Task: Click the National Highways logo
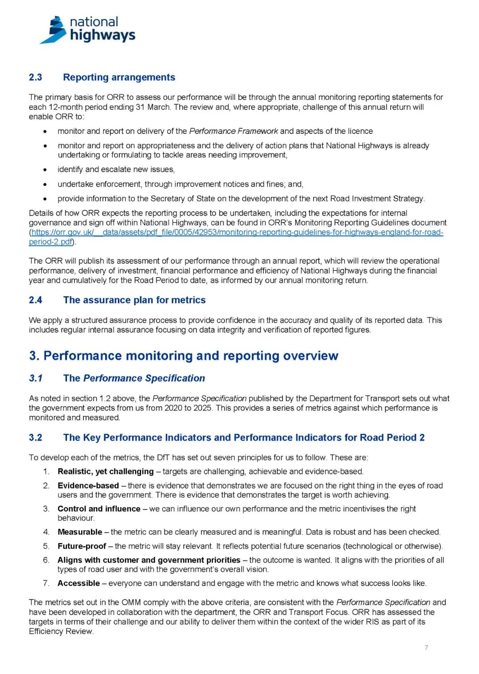(87, 30)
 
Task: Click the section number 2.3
(35, 77)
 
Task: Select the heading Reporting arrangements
(119, 77)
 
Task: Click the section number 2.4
(35, 300)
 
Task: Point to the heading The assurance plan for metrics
(134, 300)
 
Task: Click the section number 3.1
(35, 378)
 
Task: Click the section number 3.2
(35, 438)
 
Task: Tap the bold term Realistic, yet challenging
(106, 471)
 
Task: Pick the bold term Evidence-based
(88, 486)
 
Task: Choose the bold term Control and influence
(99, 509)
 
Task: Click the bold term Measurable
(80, 532)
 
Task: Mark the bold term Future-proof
(82, 546)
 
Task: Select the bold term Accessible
(79, 583)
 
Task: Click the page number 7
(426, 648)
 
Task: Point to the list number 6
(46, 560)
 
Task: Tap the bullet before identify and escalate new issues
(45, 169)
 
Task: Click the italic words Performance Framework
(233, 131)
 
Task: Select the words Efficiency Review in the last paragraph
(61, 631)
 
